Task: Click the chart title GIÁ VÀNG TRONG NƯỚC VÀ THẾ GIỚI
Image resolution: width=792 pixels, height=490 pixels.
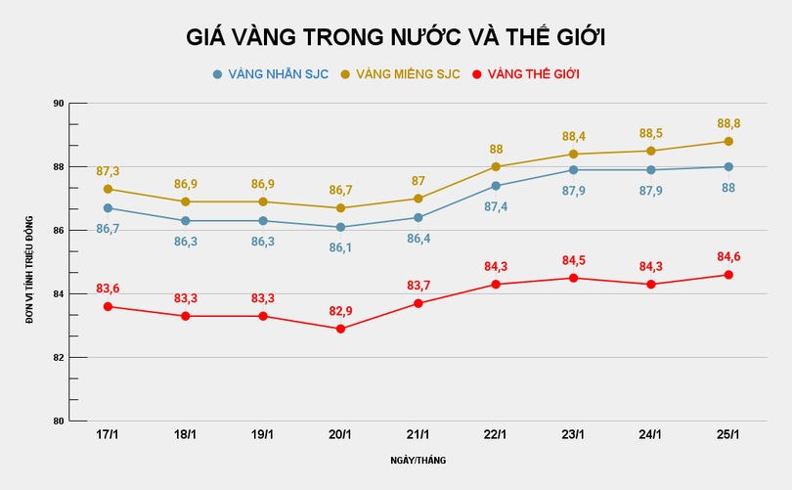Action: point(396,37)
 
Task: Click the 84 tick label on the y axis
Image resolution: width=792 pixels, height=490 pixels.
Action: point(58,294)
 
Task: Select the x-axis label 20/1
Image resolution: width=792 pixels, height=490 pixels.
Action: point(339,434)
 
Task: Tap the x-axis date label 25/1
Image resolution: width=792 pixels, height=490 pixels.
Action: point(728,434)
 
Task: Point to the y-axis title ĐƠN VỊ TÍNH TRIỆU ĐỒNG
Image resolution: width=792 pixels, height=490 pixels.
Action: point(29,262)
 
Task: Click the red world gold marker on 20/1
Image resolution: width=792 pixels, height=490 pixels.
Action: point(340,329)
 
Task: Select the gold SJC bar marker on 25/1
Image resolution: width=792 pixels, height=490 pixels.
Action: point(728,141)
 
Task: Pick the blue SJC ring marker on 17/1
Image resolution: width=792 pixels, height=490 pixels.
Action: point(108,207)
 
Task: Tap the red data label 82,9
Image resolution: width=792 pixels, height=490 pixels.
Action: point(340,310)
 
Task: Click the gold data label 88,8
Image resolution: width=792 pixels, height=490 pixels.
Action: point(728,123)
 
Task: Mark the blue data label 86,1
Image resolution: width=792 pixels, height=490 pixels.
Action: point(340,247)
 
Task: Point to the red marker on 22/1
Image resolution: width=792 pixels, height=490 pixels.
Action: point(496,285)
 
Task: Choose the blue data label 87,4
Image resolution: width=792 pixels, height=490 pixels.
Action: point(496,207)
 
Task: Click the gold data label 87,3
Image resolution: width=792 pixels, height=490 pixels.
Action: point(108,171)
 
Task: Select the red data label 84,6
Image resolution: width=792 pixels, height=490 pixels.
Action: point(728,257)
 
